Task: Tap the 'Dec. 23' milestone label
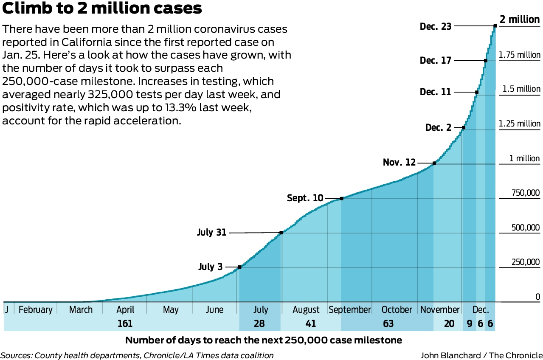tap(436, 26)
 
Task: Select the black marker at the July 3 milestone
tap(239, 267)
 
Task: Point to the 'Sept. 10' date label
tap(305, 198)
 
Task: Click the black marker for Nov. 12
tap(434, 163)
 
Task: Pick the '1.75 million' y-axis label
tap(520, 55)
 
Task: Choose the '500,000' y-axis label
tap(525, 228)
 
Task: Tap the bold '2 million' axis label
tap(520, 20)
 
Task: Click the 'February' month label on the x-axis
tap(35, 309)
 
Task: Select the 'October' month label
tap(397, 309)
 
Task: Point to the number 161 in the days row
tap(125, 324)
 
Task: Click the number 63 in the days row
tap(388, 324)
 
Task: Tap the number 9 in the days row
tap(470, 324)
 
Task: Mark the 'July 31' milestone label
tap(212, 233)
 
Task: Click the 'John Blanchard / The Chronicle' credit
tap(481, 355)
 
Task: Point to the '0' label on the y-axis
tap(537, 297)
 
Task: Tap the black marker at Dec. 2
tap(464, 127)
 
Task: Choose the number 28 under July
tap(259, 324)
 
